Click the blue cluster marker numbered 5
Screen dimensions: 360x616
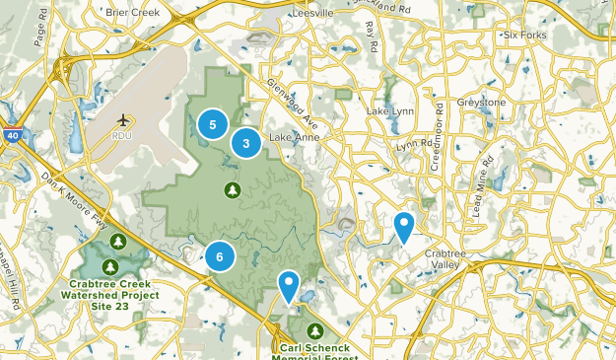(212, 124)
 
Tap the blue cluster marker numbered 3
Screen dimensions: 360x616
(245, 144)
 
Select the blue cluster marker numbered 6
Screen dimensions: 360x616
(220, 257)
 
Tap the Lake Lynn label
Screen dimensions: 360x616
(388, 111)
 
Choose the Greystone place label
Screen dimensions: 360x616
(479, 103)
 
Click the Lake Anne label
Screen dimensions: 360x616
(294, 137)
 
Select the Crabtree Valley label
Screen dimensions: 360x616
(444, 258)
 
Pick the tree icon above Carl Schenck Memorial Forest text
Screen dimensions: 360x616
(314, 330)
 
